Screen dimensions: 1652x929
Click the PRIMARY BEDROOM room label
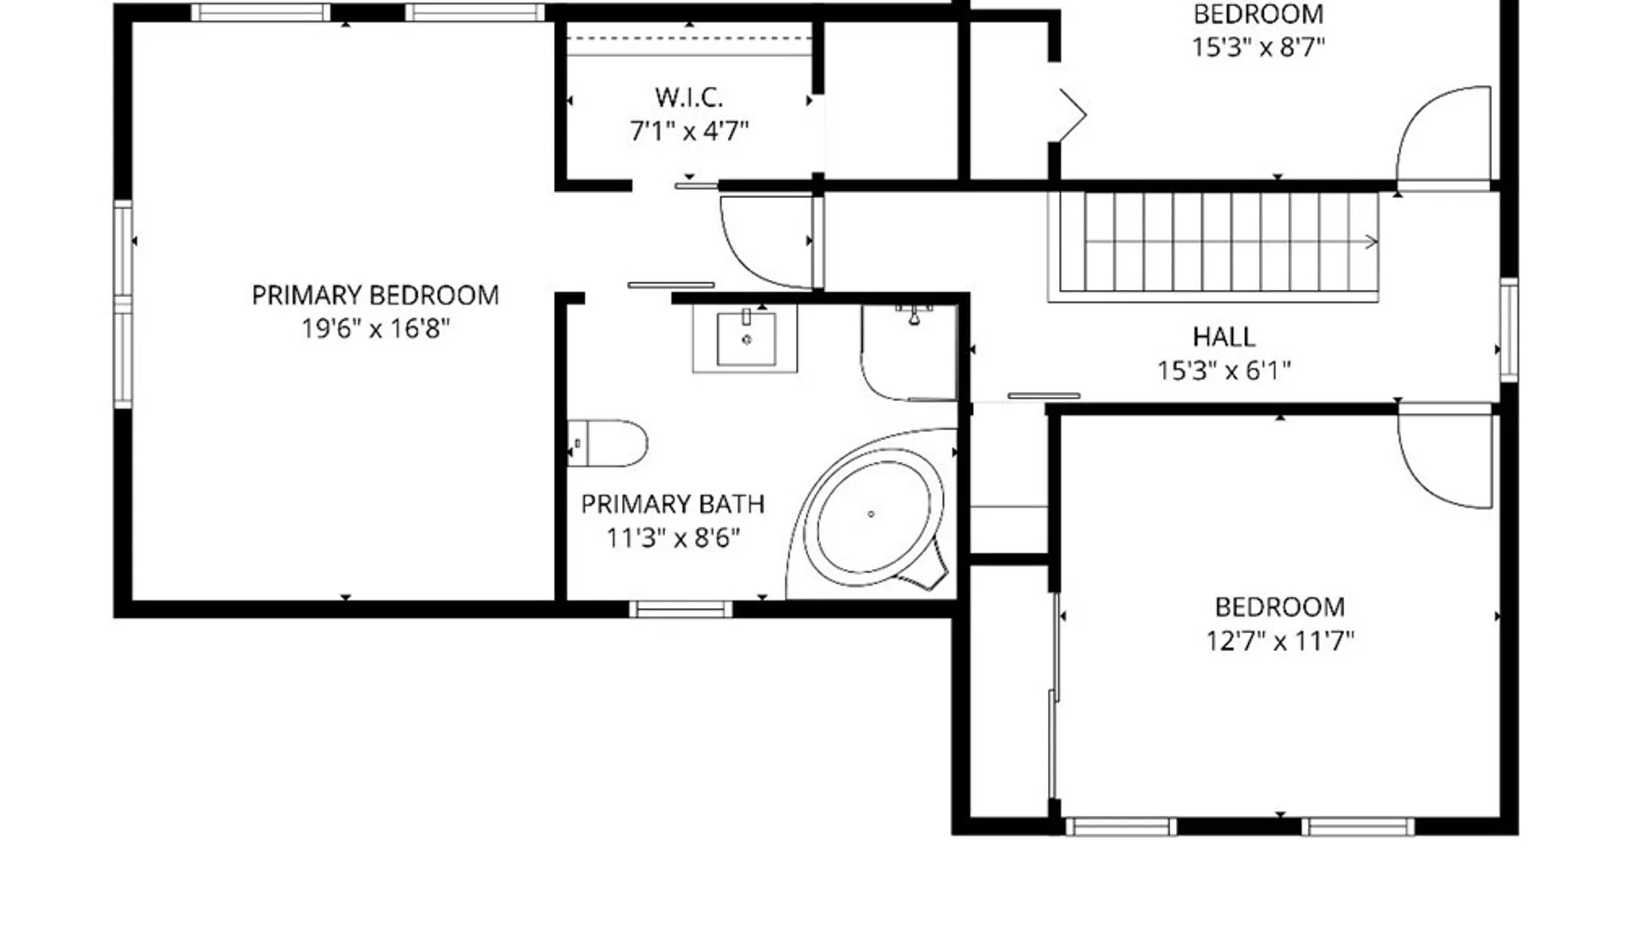click(375, 296)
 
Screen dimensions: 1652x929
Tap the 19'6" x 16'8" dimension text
click(375, 329)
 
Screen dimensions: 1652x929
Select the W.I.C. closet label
click(688, 97)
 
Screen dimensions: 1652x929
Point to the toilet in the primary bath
click(607, 443)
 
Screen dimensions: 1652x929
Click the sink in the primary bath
click(745, 339)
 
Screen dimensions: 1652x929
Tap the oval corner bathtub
click(872, 514)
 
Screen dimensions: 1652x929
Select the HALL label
click(1224, 336)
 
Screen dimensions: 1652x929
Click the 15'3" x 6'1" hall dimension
click(1224, 371)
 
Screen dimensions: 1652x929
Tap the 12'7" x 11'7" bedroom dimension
click(1279, 641)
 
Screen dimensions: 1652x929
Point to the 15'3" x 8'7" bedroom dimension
click(1258, 46)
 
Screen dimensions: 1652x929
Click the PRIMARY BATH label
click(673, 504)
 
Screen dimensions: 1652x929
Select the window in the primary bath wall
click(681, 609)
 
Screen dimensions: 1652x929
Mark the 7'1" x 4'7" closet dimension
click(688, 132)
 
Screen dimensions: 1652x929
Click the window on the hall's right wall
click(1508, 329)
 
